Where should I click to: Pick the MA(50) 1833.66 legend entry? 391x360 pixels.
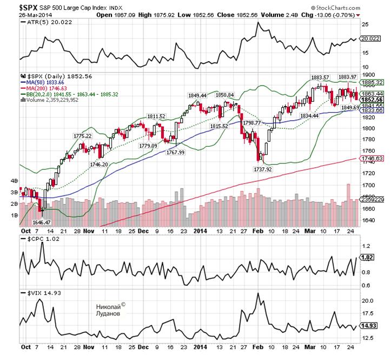(44, 83)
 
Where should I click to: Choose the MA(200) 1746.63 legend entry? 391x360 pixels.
(45, 88)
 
